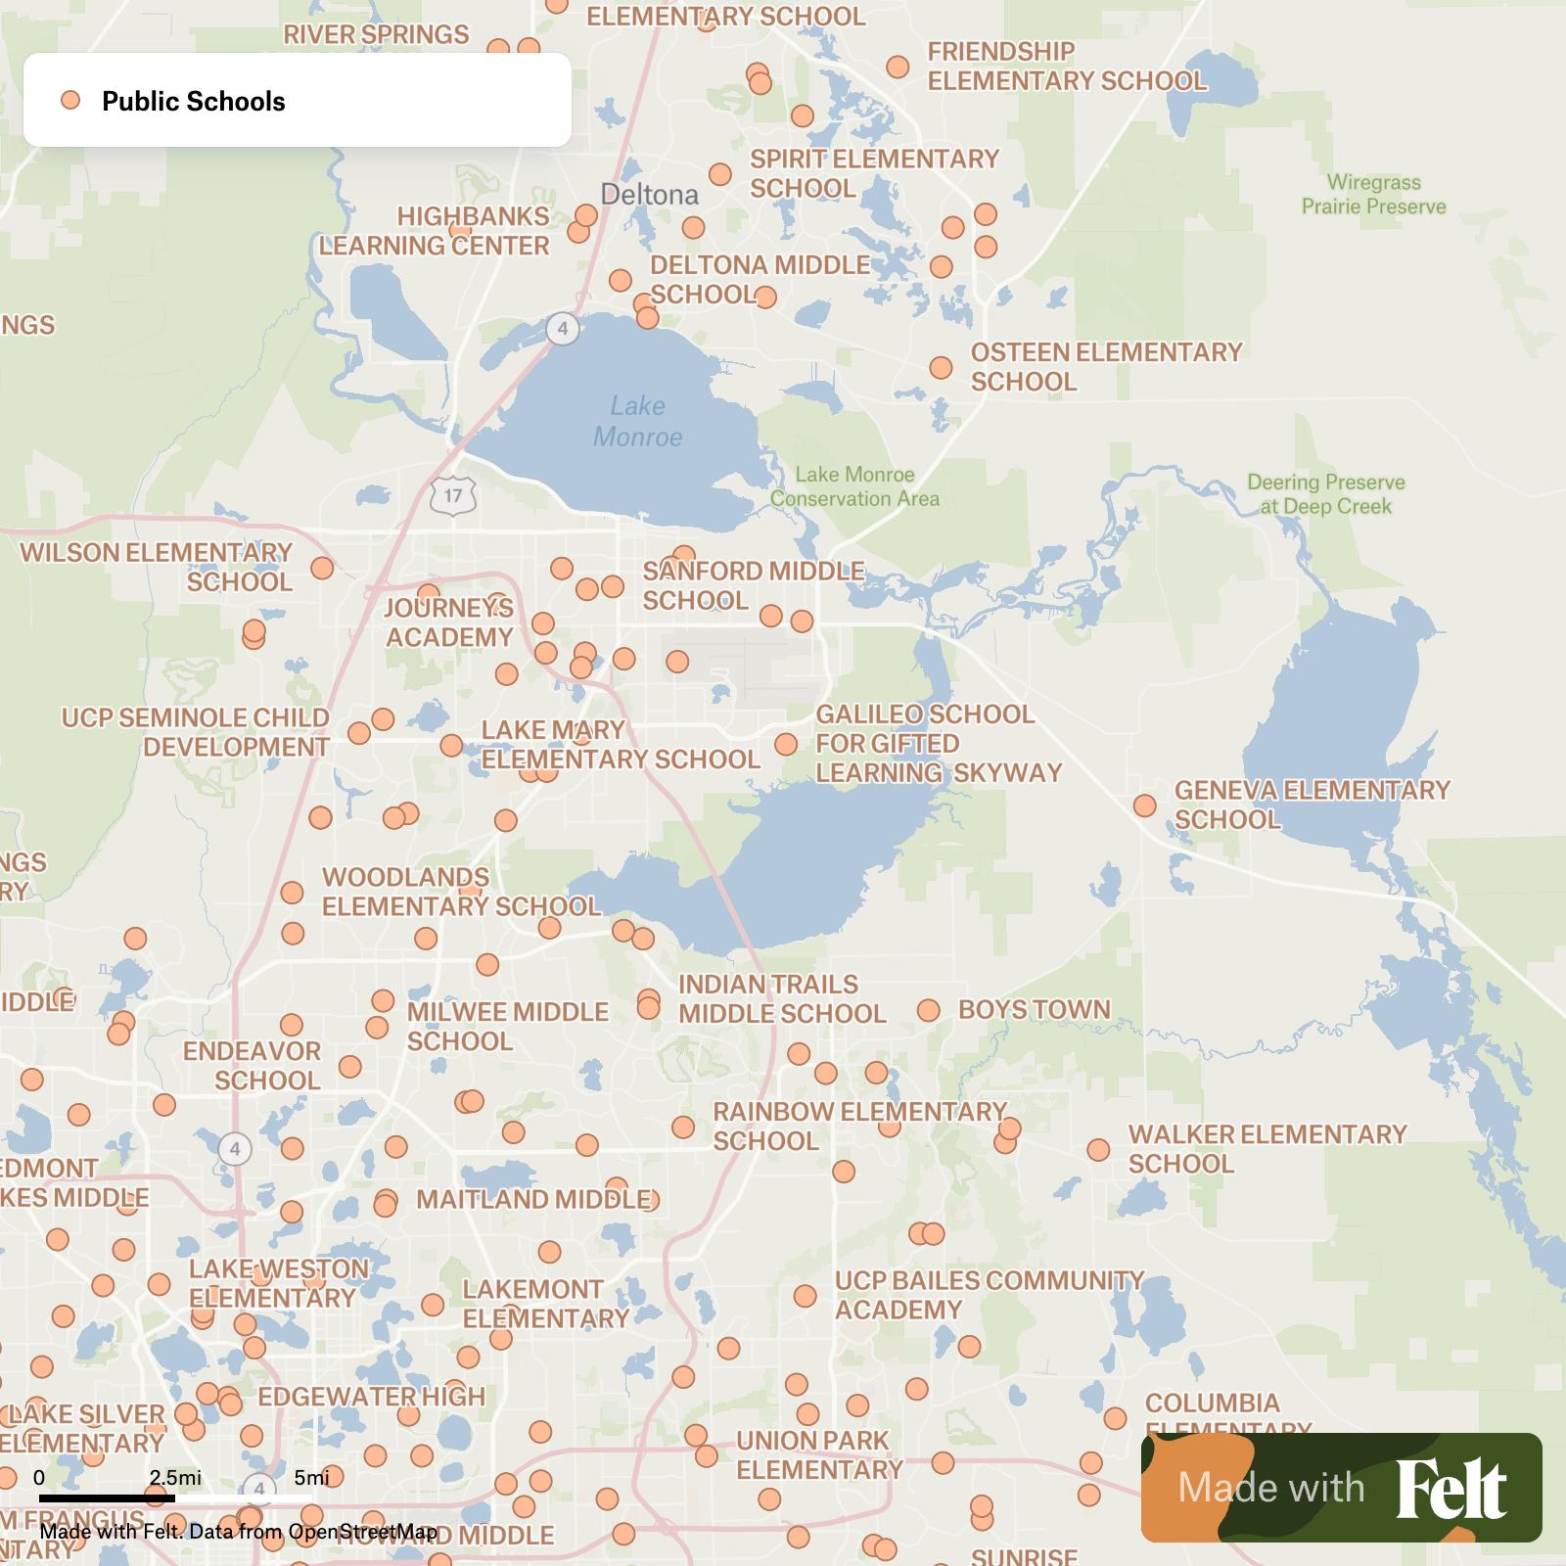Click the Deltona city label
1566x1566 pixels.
pyautogui.click(x=649, y=194)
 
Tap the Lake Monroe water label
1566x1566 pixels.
pyautogui.click(x=637, y=421)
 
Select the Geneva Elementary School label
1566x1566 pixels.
pyautogui.click(x=1312, y=805)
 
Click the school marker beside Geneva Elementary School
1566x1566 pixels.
pyautogui.click(x=1144, y=806)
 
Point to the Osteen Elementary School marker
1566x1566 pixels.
pyautogui.click(x=941, y=368)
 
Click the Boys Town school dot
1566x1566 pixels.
pyautogui.click(x=928, y=1010)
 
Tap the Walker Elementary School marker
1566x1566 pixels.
pyautogui.click(x=1098, y=1150)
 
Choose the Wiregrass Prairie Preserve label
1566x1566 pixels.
pyautogui.click(x=1373, y=194)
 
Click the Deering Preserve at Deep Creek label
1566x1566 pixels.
pyautogui.click(x=1325, y=494)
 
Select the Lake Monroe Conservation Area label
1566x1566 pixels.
pyautogui.click(x=854, y=486)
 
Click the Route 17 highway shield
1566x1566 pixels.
pyautogui.click(x=452, y=495)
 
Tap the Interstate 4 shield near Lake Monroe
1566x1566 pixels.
pyautogui.click(x=562, y=328)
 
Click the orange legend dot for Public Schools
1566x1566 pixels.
pyautogui.click(x=70, y=100)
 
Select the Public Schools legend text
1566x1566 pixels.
pyautogui.click(x=194, y=101)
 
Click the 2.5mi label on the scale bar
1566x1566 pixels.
pyautogui.click(x=175, y=1477)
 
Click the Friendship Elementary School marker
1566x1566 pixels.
pyautogui.click(x=898, y=67)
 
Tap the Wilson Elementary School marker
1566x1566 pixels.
pyautogui.click(x=322, y=568)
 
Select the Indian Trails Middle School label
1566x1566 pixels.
pyautogui.click(x=782, y=998)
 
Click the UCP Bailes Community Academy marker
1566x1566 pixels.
pyautogui.click(x=805, y=1296)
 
